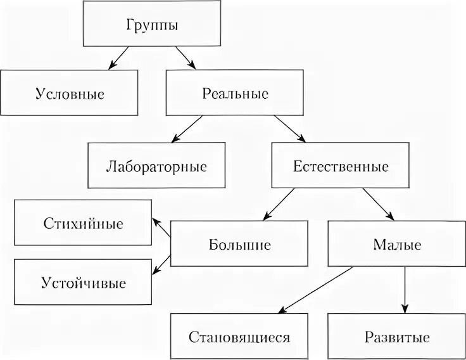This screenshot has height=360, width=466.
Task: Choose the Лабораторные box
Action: click(156, 167)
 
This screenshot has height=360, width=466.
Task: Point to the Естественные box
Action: click(341, 167)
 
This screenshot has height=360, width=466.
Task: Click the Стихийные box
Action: click(83, 224)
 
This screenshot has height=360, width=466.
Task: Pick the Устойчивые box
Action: click(83, 281)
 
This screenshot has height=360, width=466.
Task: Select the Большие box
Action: click(239, 243)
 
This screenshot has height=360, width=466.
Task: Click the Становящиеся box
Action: click(239, 336)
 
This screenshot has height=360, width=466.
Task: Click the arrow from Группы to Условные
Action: click(120, 58)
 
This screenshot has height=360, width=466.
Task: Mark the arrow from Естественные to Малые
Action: click(380, 204)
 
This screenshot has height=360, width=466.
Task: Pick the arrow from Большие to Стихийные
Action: click(161, 229)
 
